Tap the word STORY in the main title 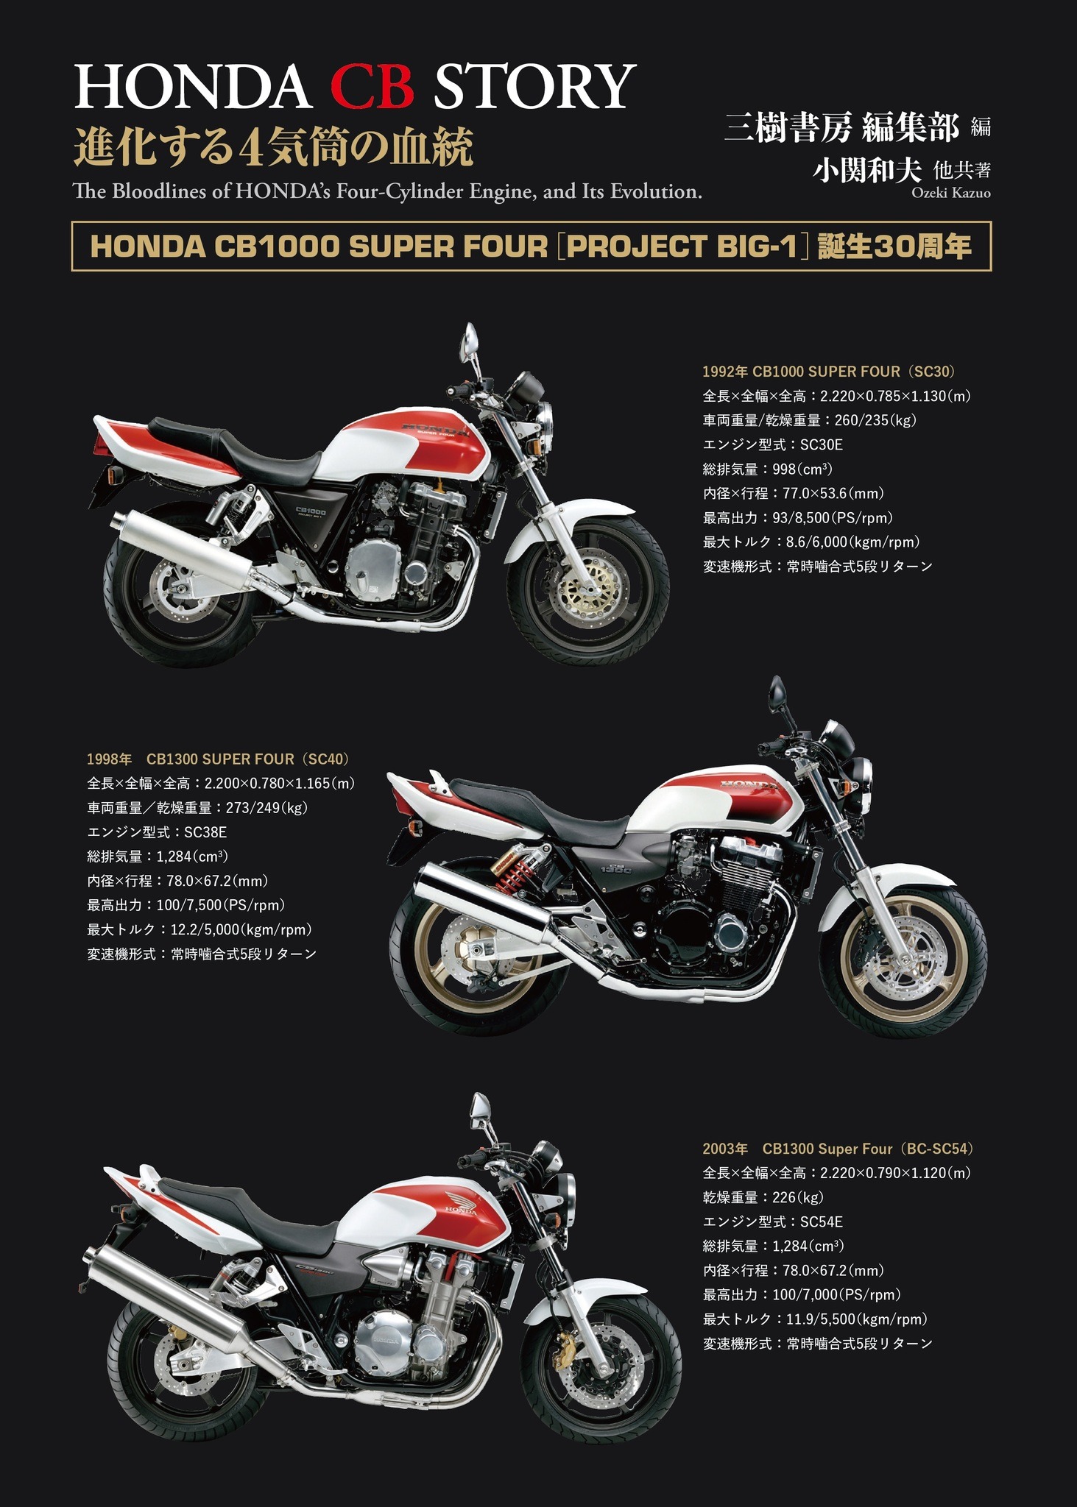534,86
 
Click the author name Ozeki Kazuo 950,193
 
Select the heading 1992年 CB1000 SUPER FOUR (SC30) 829,372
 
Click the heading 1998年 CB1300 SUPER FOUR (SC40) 219,759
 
